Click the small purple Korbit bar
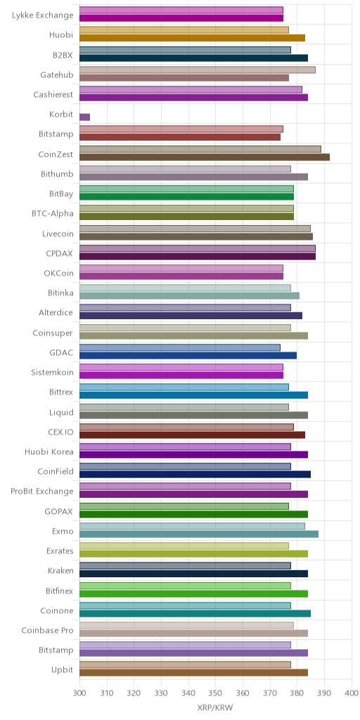click(x=84, y=117)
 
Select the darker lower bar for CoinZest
click(x=205, y=157)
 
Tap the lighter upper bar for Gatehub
click(x=198, y=70)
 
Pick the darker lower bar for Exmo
click(x=199, y=534)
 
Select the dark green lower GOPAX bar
click(x=194, y=514)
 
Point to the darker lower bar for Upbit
click(x=194, y=673)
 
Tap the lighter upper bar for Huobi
click(x=184, y=30)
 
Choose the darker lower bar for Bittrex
click(x=194, y=395)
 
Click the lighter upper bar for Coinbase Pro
click(x=186, y=625)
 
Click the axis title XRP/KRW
click(x=215, y=707)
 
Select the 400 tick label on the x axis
click(x=352, y=693)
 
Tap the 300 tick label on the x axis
click(x=79, y=693)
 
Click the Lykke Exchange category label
click(x=42, y=15)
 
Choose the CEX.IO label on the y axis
click(x=59, y=432)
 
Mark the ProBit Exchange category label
click(x=41, y=491)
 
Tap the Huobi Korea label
click(x=49, y=451)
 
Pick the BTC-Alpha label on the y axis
click(x=53, y=214)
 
